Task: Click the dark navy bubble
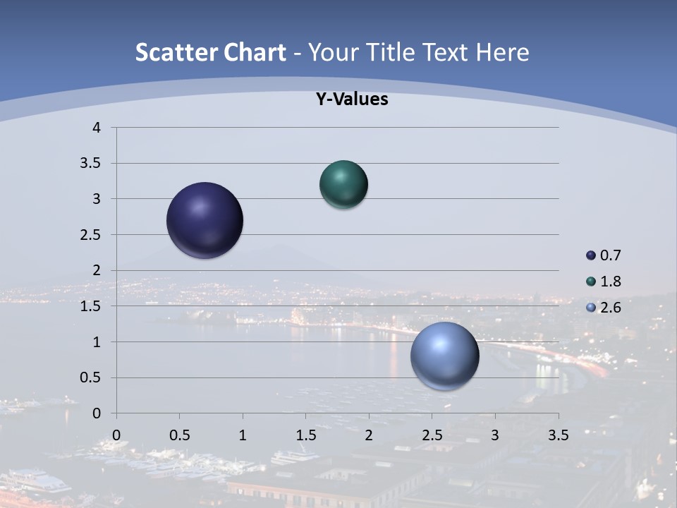[205, 220]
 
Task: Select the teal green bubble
[343, 185]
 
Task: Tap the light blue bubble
[444, 356]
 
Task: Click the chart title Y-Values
[351, 99]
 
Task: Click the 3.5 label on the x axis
[558, 435]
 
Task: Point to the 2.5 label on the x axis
[432, 435]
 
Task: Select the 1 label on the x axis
[243, 435]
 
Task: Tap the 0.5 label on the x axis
[179, 435]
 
